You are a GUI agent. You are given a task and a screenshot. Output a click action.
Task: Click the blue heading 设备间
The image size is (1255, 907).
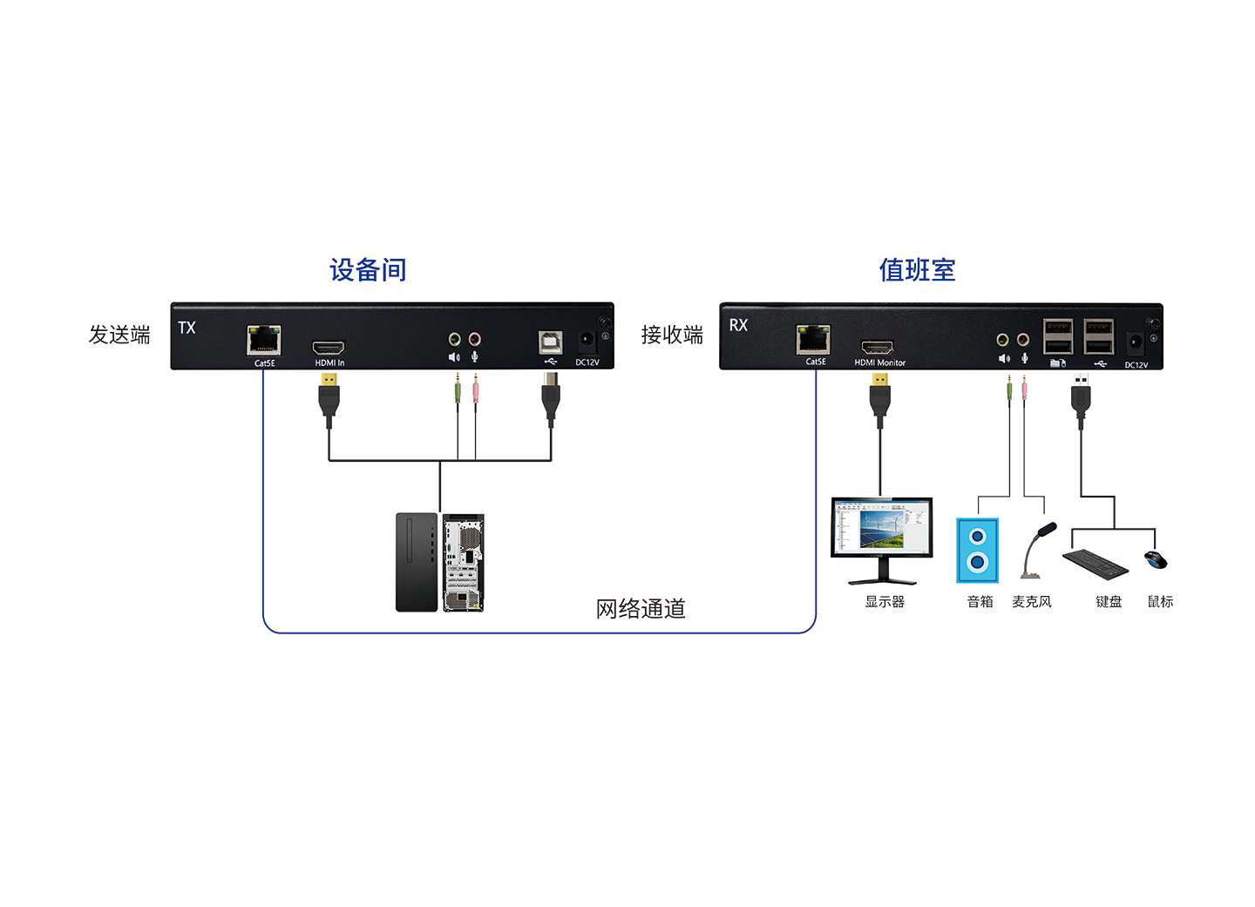[368, 270]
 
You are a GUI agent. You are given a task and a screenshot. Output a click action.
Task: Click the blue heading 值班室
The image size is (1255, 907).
[917, 270]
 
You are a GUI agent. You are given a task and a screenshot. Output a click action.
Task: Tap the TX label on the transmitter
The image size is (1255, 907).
[187, 328]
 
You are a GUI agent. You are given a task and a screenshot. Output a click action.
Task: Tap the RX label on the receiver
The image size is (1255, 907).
[738, 325]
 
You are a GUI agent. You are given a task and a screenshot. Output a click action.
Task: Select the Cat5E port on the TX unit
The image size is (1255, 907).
[264, 340]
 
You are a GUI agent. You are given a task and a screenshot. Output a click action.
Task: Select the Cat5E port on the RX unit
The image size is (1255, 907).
[813, 340]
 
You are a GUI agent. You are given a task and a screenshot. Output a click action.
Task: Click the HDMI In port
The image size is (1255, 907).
[329, 348]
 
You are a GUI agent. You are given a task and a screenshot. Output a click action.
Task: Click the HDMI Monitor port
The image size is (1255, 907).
[878, 347]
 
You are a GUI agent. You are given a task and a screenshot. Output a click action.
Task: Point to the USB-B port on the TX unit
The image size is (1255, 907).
[551, 342]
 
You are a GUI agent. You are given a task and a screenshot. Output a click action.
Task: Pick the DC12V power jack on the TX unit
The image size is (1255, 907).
[587, 340]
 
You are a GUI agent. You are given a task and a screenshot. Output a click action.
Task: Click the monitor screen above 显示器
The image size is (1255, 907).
[882, 528]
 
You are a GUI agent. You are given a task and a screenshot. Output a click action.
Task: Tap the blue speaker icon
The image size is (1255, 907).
[977, 551]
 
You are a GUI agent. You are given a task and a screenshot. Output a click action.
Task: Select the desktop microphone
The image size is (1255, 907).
[1036, 552]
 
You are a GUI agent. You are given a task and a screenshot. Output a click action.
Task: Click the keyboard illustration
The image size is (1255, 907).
[1096, 564]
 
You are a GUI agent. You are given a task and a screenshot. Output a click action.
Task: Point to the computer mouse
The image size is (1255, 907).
[1156, 559]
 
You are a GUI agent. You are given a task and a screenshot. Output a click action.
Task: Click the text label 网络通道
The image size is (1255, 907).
[641, 608]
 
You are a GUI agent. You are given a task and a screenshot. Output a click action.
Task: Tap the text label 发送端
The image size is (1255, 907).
[119, 335]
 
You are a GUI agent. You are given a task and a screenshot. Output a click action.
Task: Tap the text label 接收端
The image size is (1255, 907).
[672, 335]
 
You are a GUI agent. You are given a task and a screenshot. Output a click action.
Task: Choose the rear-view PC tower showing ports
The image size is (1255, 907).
[464, 563]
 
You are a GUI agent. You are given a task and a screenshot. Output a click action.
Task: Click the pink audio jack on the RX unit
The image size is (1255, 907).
[1023, 339]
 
